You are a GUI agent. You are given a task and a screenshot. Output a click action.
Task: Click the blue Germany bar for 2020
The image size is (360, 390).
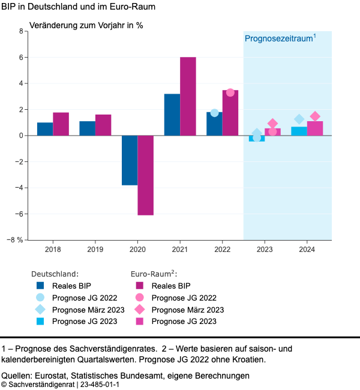pos(130,160)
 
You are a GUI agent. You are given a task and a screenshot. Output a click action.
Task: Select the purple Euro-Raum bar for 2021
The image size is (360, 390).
pos(188,97)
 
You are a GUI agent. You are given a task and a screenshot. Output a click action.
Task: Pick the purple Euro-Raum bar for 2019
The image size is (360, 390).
pos(103,125)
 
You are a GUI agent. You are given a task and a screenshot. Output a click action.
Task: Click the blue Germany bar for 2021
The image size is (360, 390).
pos(172,115)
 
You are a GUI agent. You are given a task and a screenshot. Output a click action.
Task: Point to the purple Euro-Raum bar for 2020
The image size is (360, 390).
pos(146,175)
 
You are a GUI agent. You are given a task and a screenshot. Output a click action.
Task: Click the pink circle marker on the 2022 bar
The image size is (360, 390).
pos(230,92)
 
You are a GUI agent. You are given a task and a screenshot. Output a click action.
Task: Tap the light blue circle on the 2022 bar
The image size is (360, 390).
pos(214,113)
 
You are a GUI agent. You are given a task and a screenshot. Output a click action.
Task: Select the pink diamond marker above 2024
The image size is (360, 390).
pos(315,116)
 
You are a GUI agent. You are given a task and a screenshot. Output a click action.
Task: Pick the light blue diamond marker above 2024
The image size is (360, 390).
pos(299,119)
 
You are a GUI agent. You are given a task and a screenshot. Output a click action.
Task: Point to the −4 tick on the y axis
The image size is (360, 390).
pos(17,188)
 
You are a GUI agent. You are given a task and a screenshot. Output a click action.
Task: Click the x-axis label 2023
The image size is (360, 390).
pos(264,248)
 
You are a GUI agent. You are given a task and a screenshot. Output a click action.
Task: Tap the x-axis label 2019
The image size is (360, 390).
pos(95,248)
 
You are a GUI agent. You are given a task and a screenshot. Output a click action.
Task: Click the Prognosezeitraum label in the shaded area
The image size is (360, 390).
pos(280,38)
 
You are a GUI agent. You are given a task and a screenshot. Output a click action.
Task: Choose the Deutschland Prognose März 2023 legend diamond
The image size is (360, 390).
pos(40,310)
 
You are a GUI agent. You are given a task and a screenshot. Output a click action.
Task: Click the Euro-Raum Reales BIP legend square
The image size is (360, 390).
pos(139,286)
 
